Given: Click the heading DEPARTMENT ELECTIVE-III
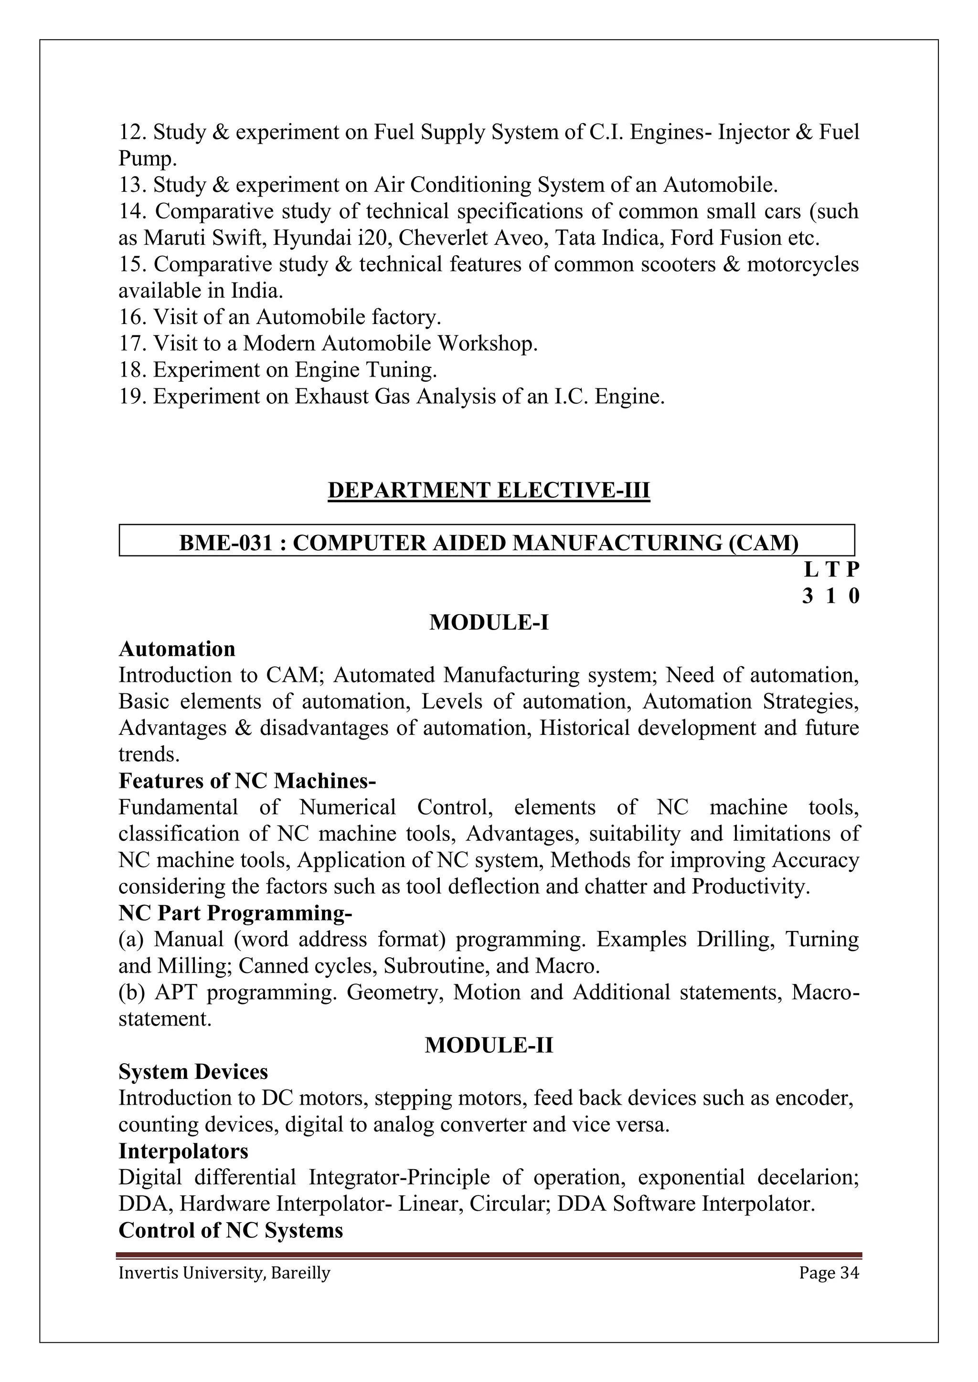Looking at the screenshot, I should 489,490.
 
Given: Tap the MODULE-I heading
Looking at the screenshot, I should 489,622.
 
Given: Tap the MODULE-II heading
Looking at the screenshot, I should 489,1046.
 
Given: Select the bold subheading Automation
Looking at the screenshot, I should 177,649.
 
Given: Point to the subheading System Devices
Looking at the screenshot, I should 193,1072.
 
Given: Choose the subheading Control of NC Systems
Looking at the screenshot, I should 231,1230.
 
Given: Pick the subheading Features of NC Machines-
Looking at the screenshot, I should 247,781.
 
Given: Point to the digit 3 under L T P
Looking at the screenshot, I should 808,596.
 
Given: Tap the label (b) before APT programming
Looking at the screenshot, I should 131,993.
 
